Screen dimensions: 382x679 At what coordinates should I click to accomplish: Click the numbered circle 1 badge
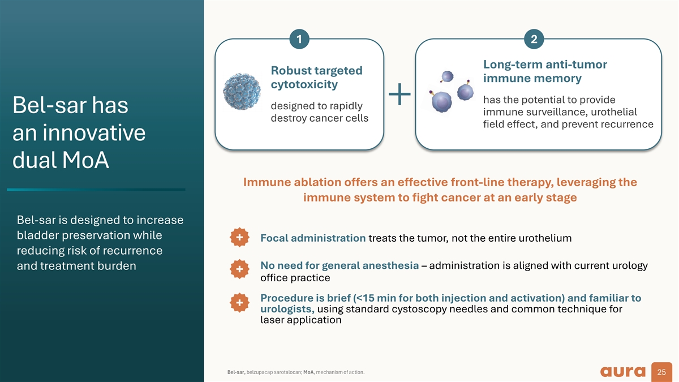[x=299, y=38]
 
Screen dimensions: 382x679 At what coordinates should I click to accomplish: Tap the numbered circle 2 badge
[x=534, y=38]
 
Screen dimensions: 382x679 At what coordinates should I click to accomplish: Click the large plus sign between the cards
[x=400, y=94]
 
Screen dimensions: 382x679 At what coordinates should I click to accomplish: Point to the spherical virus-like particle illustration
[x=242, y=92]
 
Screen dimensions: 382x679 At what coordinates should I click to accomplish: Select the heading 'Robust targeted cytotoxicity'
[x=316, y=78]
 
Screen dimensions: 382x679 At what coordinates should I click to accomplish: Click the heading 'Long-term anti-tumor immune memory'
[x=545, y=71]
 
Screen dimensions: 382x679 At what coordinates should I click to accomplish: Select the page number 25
[x=660, y=372]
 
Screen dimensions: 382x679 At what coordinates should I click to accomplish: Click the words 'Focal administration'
[x=312, y=238]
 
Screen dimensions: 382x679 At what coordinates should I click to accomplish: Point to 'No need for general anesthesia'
[x=339, y=266]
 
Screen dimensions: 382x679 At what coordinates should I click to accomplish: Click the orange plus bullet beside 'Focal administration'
[x=240, y=238]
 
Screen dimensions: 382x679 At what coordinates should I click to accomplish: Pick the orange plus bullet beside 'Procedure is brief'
[x=240, y=303]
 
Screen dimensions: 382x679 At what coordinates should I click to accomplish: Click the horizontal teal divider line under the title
[x=96, y=190]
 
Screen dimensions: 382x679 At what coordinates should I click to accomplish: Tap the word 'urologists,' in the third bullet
[x=287, y=309]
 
